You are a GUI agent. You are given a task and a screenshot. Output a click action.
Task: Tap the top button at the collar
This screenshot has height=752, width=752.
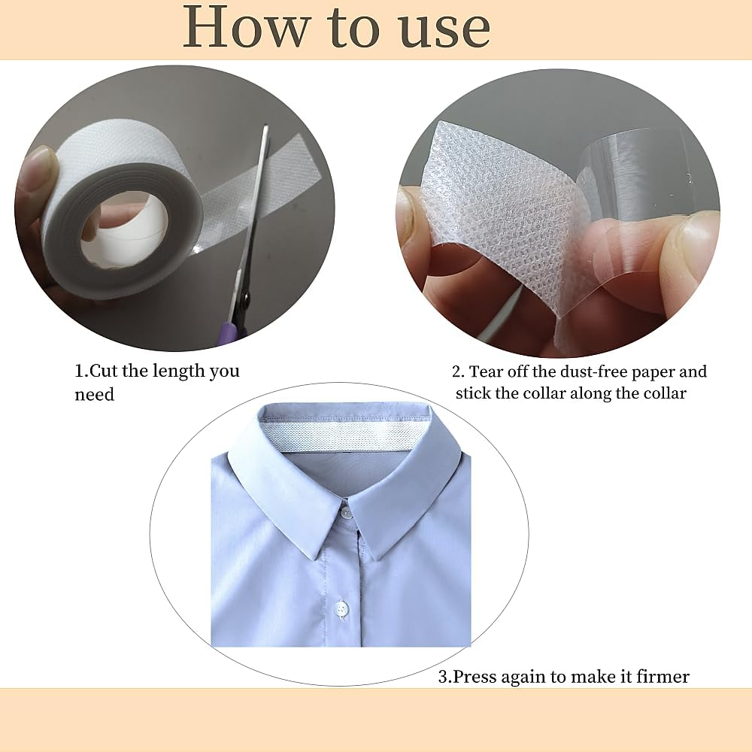coord(345,513)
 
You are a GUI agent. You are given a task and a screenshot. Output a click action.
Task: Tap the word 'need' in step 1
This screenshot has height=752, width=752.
coord(94,395)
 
